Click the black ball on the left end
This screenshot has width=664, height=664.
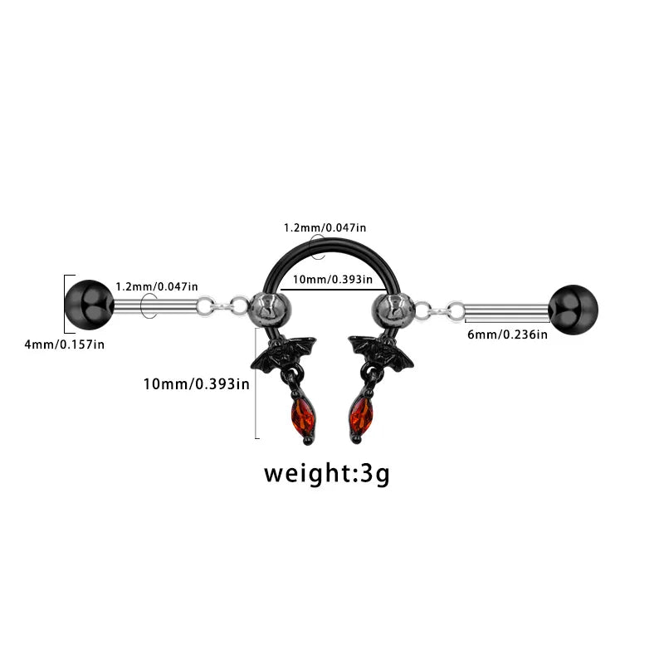tap(90, 305)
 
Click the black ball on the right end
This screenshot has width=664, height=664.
tap(573, 310)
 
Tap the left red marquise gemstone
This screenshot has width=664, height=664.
tap(303, 415)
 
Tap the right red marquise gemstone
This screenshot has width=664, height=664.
tap(361, 415)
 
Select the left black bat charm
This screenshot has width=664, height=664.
tap(283, 354)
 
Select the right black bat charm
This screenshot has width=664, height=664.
tap(381, 354)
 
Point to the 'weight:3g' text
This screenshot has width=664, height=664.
tap(326, 474)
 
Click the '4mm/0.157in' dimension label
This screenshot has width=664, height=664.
tap(65, 344)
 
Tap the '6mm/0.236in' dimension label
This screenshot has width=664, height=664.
tap(507, 334)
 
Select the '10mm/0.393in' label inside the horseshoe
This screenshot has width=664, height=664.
tap(333, 280)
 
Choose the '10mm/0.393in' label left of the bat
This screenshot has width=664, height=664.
tap(197, 384)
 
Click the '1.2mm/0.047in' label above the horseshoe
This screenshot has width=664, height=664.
tap(325, 227)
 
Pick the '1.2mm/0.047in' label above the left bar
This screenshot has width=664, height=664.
tap(157, 286)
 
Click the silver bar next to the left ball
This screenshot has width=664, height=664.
tap(156, 306)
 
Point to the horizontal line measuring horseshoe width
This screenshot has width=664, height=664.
tap(333, 290)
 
